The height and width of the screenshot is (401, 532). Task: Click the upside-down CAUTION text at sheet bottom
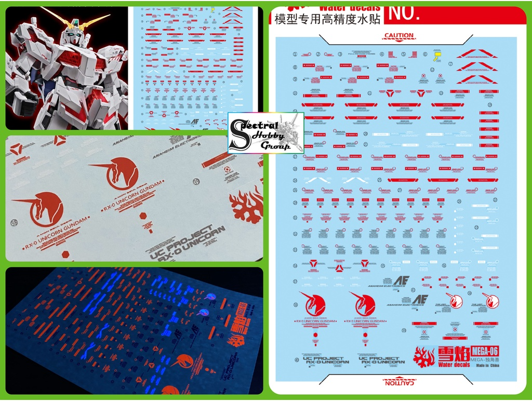[398, 382]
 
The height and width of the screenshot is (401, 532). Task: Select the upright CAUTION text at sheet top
[398, 36]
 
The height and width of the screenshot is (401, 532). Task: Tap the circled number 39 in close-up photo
[196, 181]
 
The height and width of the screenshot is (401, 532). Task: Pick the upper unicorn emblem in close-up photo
[115, 173]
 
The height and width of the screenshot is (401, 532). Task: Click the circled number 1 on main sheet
[295, 54]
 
